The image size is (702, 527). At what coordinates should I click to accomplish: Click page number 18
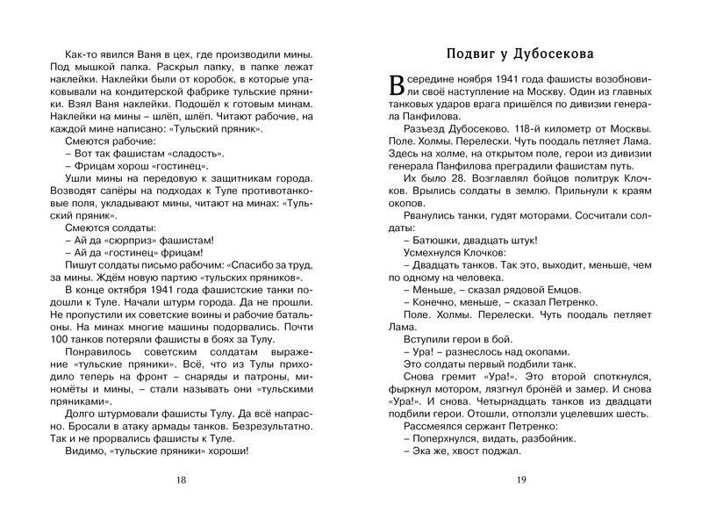182,479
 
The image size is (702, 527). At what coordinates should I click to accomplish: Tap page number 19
520,479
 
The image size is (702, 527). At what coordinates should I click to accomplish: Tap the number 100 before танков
62,339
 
